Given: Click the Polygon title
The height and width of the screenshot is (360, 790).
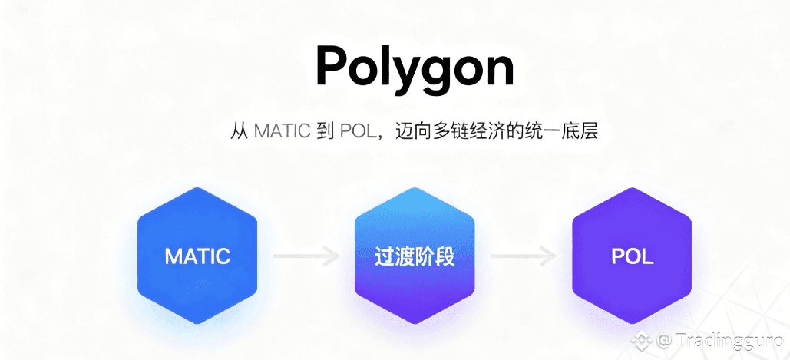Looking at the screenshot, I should point(415,68).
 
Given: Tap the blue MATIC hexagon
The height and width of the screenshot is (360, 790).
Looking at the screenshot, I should point(197,256).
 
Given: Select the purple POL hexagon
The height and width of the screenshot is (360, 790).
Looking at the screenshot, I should point(632,256).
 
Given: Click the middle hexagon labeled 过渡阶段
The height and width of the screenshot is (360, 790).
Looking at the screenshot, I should point(415,256).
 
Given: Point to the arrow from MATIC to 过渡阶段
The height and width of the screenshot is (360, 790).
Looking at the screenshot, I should point(306,256).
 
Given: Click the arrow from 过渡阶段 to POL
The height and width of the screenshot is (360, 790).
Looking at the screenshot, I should point(523,256).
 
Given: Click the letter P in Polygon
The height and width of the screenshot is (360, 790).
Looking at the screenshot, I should point(332,66).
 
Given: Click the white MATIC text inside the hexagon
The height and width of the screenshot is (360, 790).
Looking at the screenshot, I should point(197,256).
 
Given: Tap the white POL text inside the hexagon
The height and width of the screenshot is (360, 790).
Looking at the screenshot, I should point(632,256).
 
